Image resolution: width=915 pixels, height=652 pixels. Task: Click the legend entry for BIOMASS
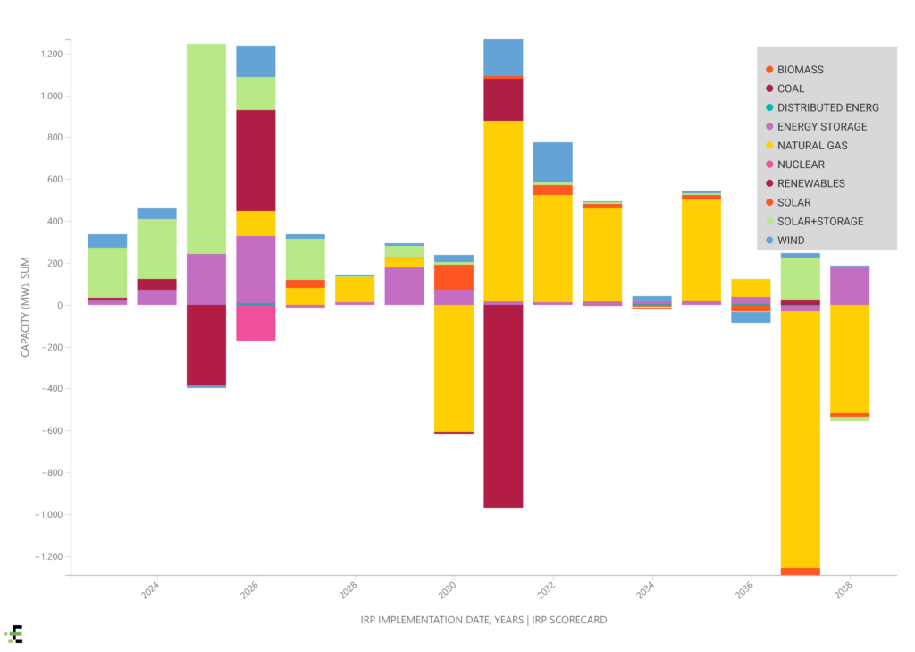coord(800,70)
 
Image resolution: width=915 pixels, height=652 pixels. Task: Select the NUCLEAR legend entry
coord(801,165)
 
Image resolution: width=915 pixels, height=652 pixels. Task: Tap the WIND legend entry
coord(791,241)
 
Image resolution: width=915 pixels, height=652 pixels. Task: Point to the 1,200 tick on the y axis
coord(48,55)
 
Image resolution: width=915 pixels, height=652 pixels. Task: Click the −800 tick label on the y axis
coord(48,472)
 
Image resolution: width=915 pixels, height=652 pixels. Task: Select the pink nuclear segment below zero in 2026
coord(256,323)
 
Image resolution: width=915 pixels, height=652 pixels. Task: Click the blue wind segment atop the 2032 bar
coord(553,162)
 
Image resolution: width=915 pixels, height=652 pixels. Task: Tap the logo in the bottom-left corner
coord(13,635)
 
